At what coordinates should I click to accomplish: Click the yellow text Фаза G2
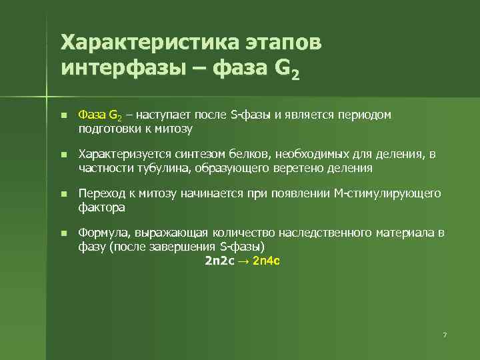(97, 115)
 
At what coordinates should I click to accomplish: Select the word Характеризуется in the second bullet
(117, 155)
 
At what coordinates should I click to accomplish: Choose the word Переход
(99, 194)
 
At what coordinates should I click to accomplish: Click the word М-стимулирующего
(389, 194)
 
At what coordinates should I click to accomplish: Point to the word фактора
(101, 207)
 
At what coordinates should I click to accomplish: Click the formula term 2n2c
(219, 260)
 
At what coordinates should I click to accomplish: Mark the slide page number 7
(444, 334)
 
